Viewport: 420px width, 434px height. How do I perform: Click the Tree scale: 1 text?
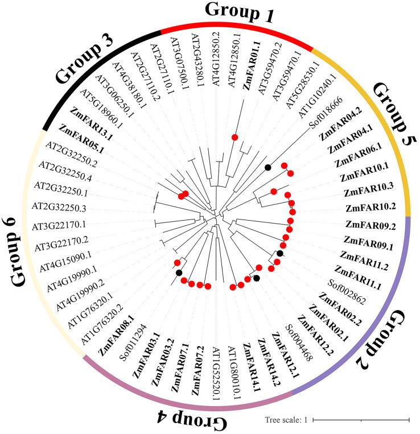[x=286, y=420]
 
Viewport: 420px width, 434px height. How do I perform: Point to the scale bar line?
[x=361, y=420]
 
